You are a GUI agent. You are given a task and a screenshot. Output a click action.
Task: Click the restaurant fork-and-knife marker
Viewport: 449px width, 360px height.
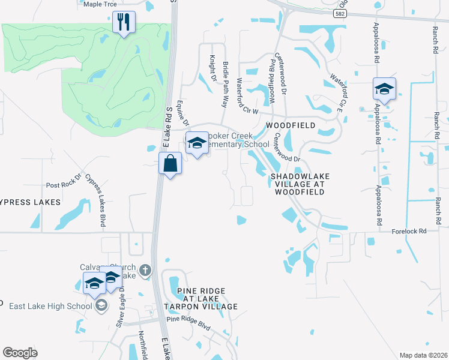(x=124, y=23)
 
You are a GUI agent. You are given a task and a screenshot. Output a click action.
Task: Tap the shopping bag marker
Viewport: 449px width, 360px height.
(x=170, y=164)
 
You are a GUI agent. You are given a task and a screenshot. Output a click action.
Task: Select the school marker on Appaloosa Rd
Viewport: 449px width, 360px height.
(x=384, y=90)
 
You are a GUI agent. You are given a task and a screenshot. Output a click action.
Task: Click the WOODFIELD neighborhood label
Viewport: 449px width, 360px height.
(x=291, y=125)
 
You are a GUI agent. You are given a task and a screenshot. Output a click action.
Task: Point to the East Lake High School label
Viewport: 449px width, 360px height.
(x=50, y=306)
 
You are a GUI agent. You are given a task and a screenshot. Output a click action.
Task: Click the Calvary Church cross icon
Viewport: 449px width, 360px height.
(x=144, y=271)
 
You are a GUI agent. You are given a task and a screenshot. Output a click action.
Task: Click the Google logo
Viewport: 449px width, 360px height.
(x=20, y=353)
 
